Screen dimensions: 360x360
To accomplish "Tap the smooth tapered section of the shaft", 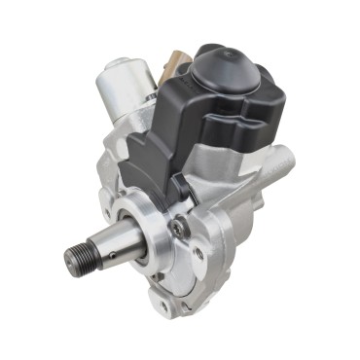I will click(117, 243).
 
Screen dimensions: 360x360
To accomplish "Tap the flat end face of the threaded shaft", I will click(70, 261).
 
